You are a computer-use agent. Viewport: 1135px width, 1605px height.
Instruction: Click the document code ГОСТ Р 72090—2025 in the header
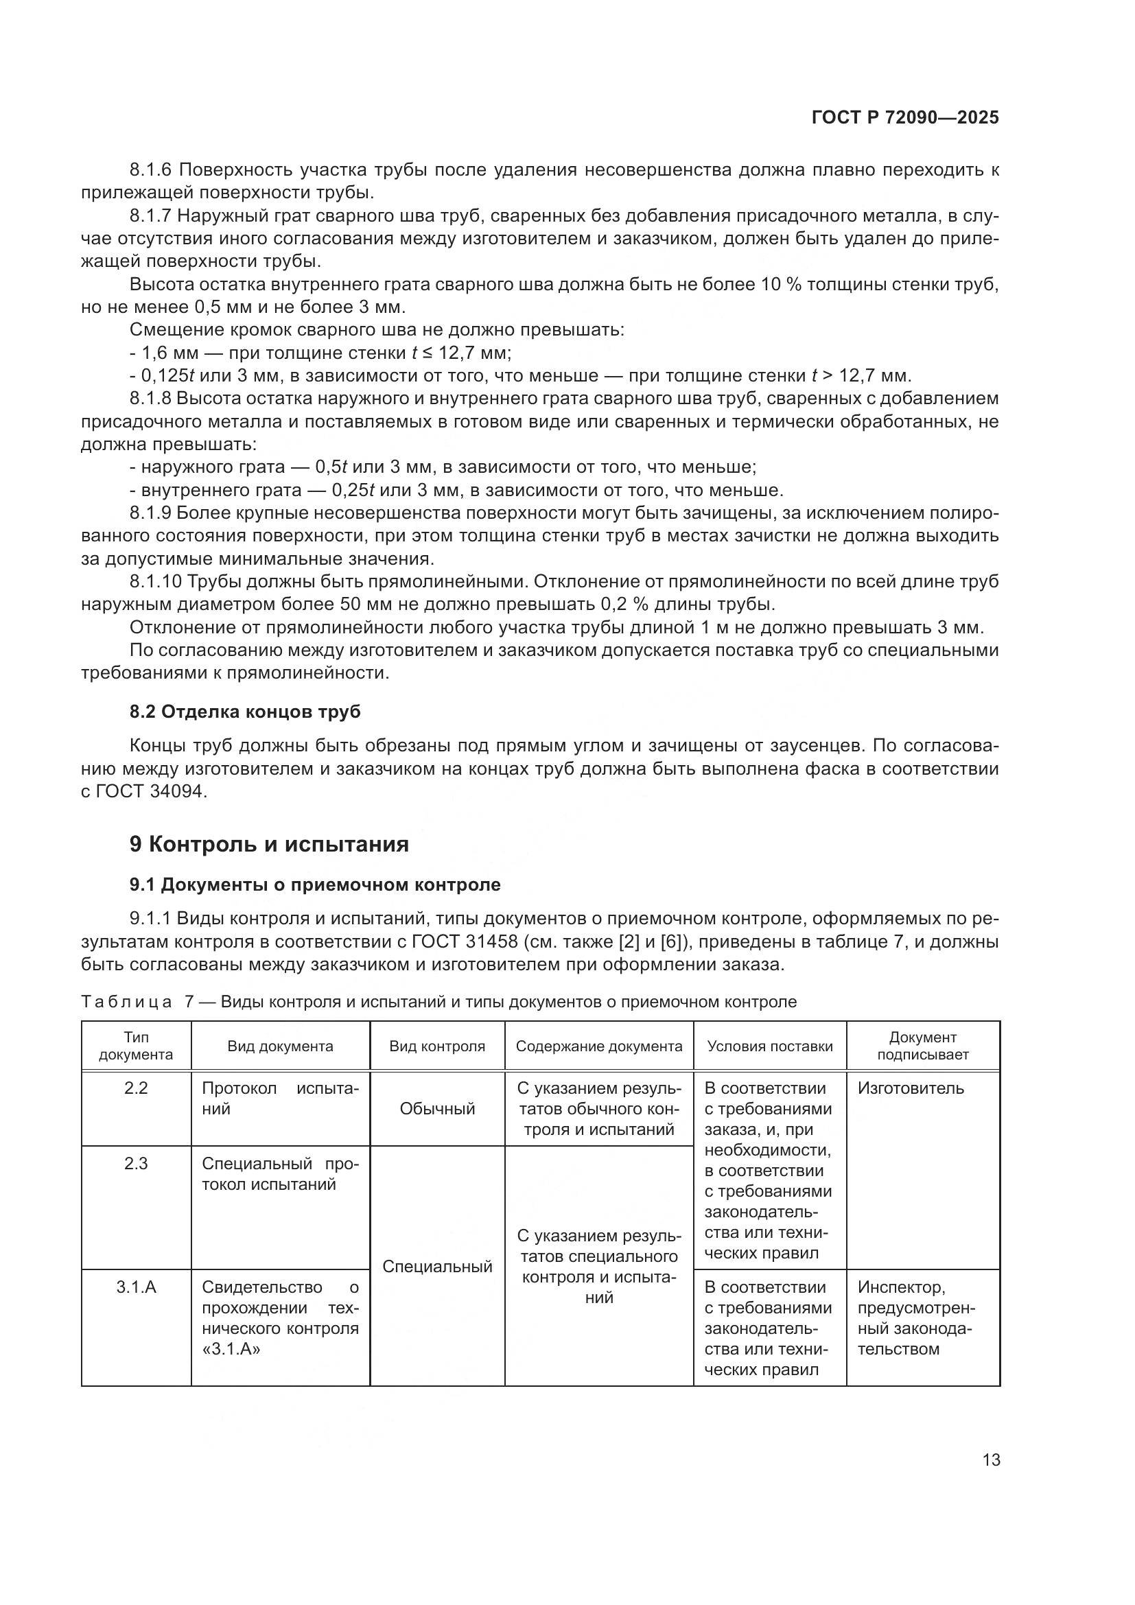click(x=905, y=117)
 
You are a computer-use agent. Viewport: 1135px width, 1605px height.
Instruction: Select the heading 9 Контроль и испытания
click(x=269, y=845)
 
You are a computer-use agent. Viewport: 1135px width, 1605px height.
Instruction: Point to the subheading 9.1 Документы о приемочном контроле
click(x=315, y=885)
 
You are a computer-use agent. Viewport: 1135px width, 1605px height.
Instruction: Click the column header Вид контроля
click(x=437, y=1046)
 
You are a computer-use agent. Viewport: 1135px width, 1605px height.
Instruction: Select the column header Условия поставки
click(x=769, y=1046)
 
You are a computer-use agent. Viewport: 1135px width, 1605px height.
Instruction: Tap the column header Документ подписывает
click(x=922, y=1046)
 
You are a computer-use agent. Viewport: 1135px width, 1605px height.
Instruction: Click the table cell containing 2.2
click(x=136, y=1088)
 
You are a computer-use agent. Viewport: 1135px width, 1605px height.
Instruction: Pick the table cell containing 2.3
click(x=136, y=1164)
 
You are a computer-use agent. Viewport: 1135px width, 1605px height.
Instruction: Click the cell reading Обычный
click(x=437, y=1109)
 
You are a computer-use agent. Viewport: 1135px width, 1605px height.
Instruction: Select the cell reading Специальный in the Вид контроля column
click(x=437, y=1267)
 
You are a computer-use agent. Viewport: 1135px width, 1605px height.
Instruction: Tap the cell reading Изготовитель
click(x=911, y=1088)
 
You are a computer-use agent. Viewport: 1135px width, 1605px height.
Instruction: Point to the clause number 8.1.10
click(x=156, y=582)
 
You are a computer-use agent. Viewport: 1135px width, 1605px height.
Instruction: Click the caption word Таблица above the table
click(x=126, y=1003)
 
